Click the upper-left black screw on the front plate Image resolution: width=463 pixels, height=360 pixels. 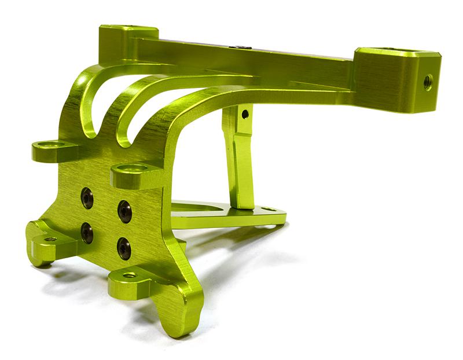click(x=87, y=198)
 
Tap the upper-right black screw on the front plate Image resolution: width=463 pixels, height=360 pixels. click(x=124, y=211)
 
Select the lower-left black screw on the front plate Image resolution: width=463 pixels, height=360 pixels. click(x=87, y=233)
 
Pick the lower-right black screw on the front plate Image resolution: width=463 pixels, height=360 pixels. click(x=124, y=248)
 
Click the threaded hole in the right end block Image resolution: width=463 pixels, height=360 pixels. click(x=428, y=82)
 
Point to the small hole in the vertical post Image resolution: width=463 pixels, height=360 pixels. click(x=245, y=114)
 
